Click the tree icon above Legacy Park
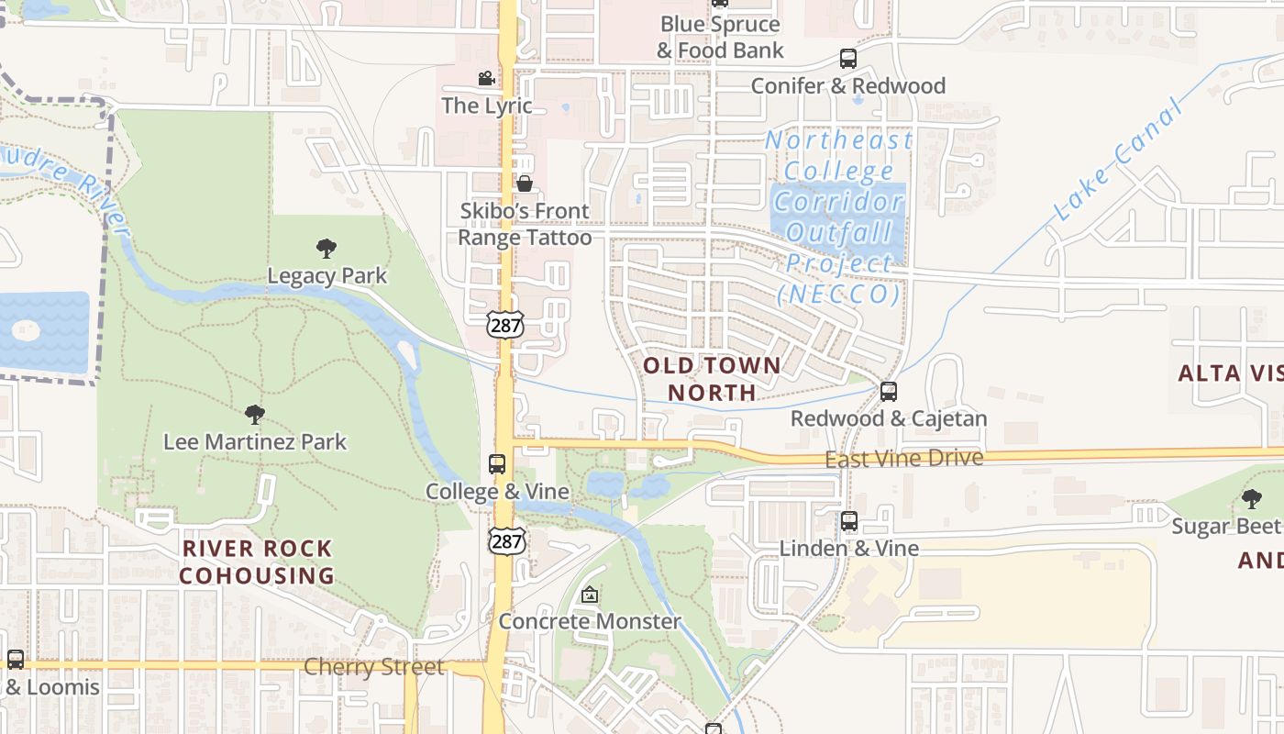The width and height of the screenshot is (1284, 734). click(326, 248)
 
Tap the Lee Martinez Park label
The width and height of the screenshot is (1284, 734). click(255, 441)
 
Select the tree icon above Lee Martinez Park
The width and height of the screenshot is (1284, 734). click(255, 415)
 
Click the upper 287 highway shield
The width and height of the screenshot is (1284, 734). click(505, 324)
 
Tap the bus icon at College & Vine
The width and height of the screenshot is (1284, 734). click(497, 464)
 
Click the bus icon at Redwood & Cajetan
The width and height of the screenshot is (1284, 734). click(888, 392)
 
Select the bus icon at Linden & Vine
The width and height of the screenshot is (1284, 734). click(849, 521)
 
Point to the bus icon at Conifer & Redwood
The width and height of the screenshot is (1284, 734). click(848, 59)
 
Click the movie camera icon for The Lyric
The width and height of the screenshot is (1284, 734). click(486, 79)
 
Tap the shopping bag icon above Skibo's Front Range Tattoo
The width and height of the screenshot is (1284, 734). click(525, 183)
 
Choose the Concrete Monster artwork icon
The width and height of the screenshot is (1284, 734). click(590, 595)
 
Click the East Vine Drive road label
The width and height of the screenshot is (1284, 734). click(903, 458)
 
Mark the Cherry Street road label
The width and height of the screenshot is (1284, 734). click(373, 666)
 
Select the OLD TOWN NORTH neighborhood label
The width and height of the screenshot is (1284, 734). click(712, 379)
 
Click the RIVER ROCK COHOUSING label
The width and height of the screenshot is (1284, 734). click(257, 562)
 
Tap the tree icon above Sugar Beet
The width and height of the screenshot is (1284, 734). click(1251, 499)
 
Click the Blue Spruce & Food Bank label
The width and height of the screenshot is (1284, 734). click(720, 38)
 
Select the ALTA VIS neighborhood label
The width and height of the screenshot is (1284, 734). click(1230, 373)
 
